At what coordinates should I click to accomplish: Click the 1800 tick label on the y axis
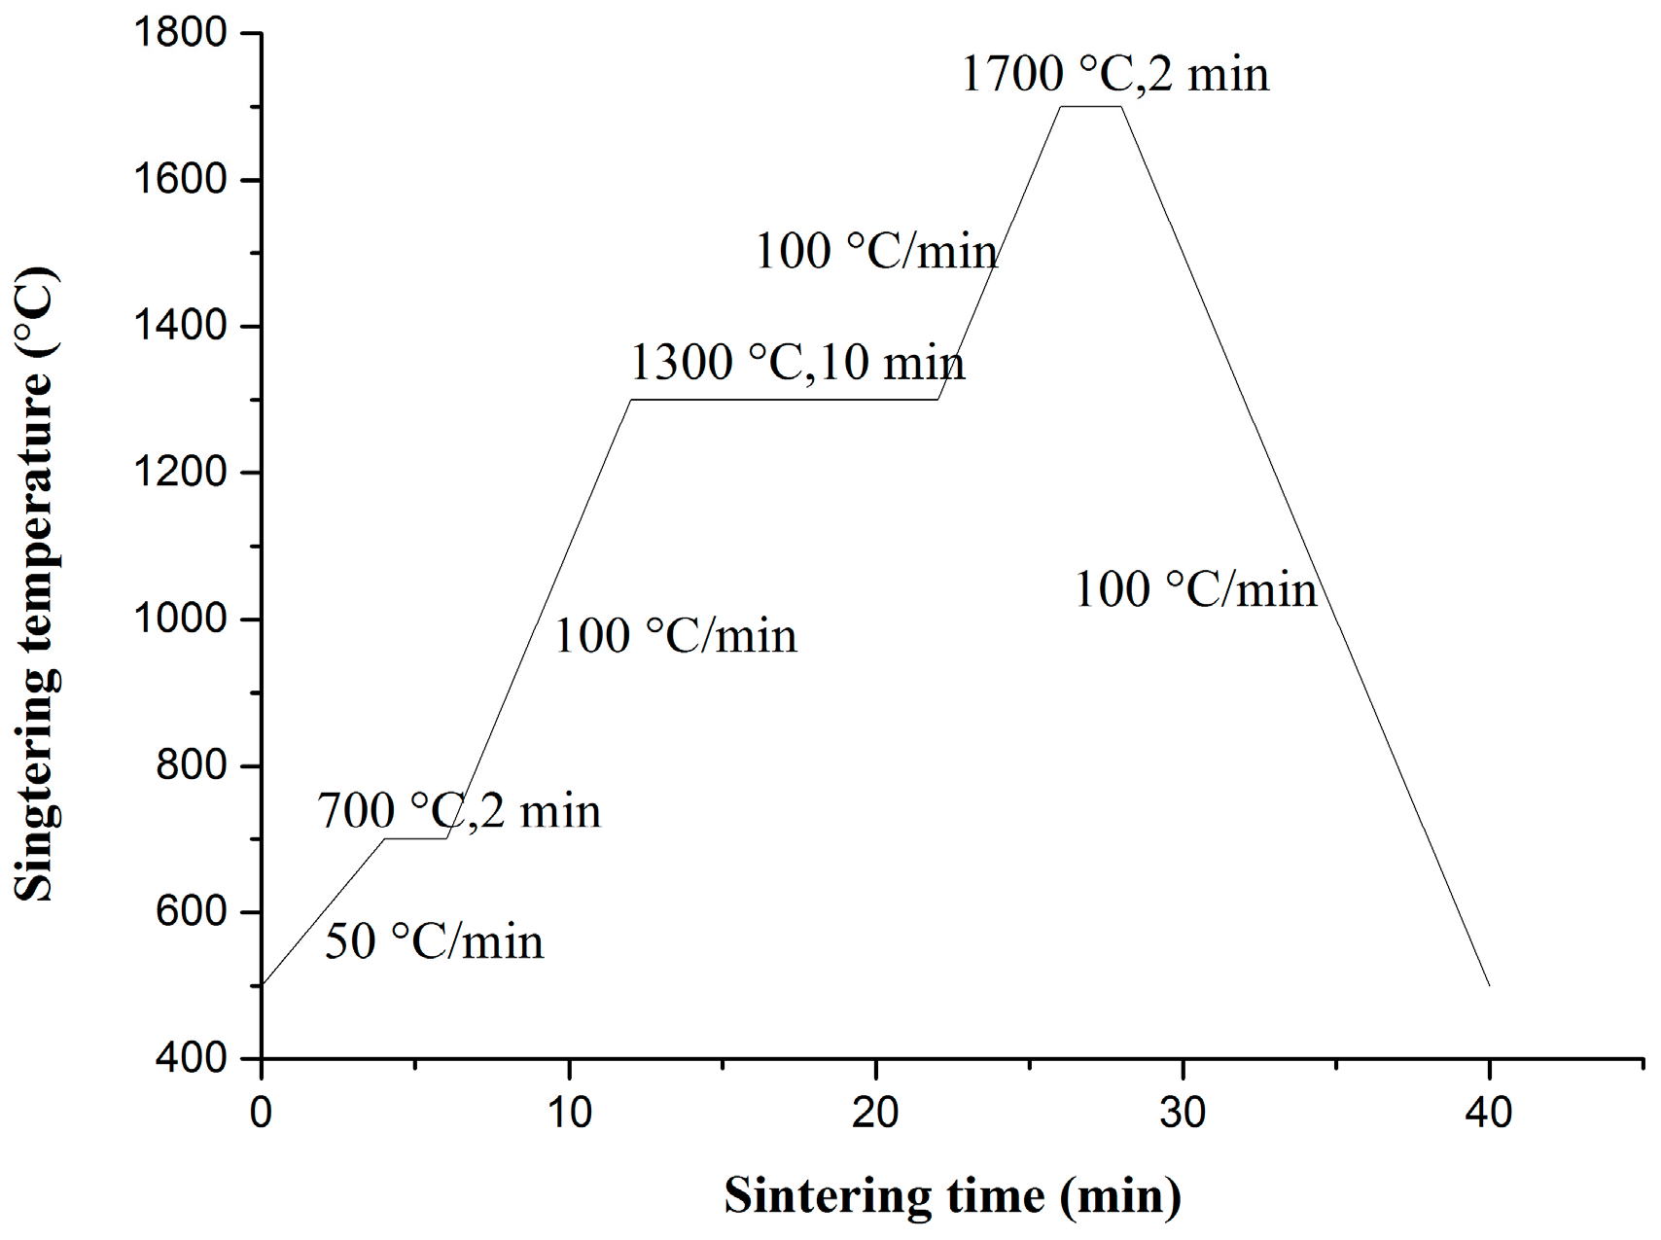point(179,34)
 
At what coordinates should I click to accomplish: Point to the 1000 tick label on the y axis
point(179,620)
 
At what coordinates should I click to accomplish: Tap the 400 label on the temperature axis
point(191,1058)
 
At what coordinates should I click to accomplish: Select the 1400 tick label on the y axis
point(179,327)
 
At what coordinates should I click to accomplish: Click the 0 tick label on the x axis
point(261,1112)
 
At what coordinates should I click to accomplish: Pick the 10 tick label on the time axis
point(568,1112)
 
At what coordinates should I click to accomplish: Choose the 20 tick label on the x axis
point(875,1112)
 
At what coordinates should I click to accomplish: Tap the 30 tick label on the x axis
point(1183,1112)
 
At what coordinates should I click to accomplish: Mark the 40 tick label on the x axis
point(1489,1112)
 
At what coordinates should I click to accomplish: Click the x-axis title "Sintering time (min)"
point(952,1195)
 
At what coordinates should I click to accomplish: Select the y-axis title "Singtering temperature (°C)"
point(37,584)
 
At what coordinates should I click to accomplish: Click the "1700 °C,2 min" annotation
point(1115,75)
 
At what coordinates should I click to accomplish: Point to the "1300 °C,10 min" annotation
point(797,363)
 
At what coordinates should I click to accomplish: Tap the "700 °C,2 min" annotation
point(459,811)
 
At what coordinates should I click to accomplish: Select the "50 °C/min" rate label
point(434,941)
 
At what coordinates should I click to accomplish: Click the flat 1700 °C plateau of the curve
point(1091,107)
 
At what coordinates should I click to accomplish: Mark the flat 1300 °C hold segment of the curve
point(784,400)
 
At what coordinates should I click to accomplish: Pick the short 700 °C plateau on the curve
point(415,838)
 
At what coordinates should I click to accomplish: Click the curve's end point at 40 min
point(1489,985)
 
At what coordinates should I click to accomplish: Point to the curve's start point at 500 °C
point(263,984)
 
